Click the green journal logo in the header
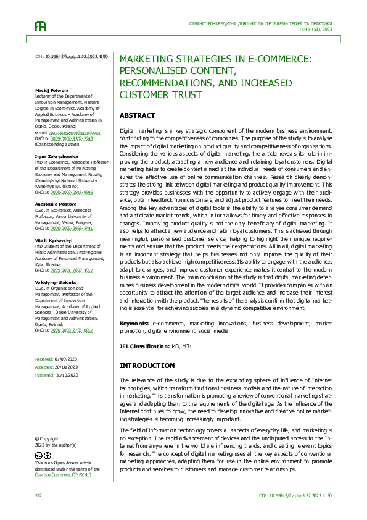point(39,27)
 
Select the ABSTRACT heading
point(137,116)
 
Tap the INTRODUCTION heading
point(147,366)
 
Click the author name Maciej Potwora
point(51,90)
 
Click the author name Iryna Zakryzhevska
point(56,157)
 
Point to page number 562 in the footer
point(38,495)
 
